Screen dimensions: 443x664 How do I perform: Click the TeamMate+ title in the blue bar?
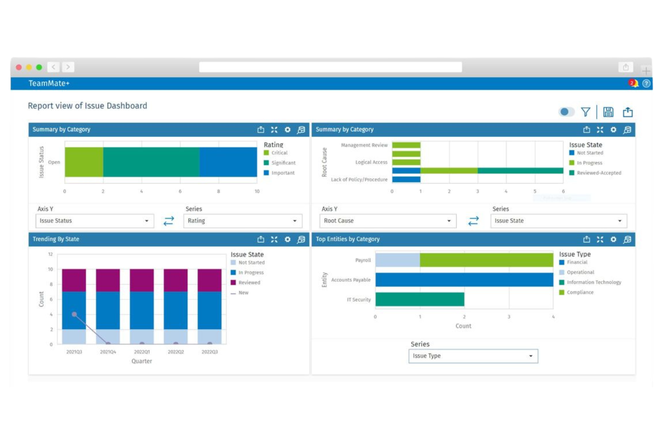tap(49, 83)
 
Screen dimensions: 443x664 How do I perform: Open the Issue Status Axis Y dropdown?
tap(94, 221)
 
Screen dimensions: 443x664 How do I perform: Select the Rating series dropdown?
tap(242, 221)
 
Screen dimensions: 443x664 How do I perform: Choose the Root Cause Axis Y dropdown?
tap(388, 221)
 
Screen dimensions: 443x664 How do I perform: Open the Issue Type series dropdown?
tap(473, 356)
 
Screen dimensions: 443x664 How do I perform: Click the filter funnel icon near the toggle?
tap(585, 112)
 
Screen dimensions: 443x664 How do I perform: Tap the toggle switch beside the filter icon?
tap(566, 112)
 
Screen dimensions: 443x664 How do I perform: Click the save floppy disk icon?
tap(608, 112)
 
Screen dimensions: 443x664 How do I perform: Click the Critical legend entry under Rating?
tap(279, 153)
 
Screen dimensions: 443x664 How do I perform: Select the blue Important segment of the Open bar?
tap(228, 162)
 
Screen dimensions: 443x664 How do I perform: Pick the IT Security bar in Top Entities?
tap(419, 299)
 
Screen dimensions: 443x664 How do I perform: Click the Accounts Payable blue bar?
tap(464, 280)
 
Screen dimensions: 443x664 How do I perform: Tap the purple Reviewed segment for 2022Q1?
tap(142, 280)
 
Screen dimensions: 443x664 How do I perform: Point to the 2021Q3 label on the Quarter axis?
tap(74, 352)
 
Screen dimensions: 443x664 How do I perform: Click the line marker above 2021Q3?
tap(74, 314)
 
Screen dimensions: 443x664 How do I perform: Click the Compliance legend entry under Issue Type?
tap(580, 292)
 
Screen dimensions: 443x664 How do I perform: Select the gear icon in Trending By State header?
tap(288, 239)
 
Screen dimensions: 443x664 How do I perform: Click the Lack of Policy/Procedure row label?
tap(359, 180)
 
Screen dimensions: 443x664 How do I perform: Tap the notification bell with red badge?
tap(633, 83)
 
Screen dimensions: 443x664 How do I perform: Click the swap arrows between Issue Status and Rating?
tap(169, 221)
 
